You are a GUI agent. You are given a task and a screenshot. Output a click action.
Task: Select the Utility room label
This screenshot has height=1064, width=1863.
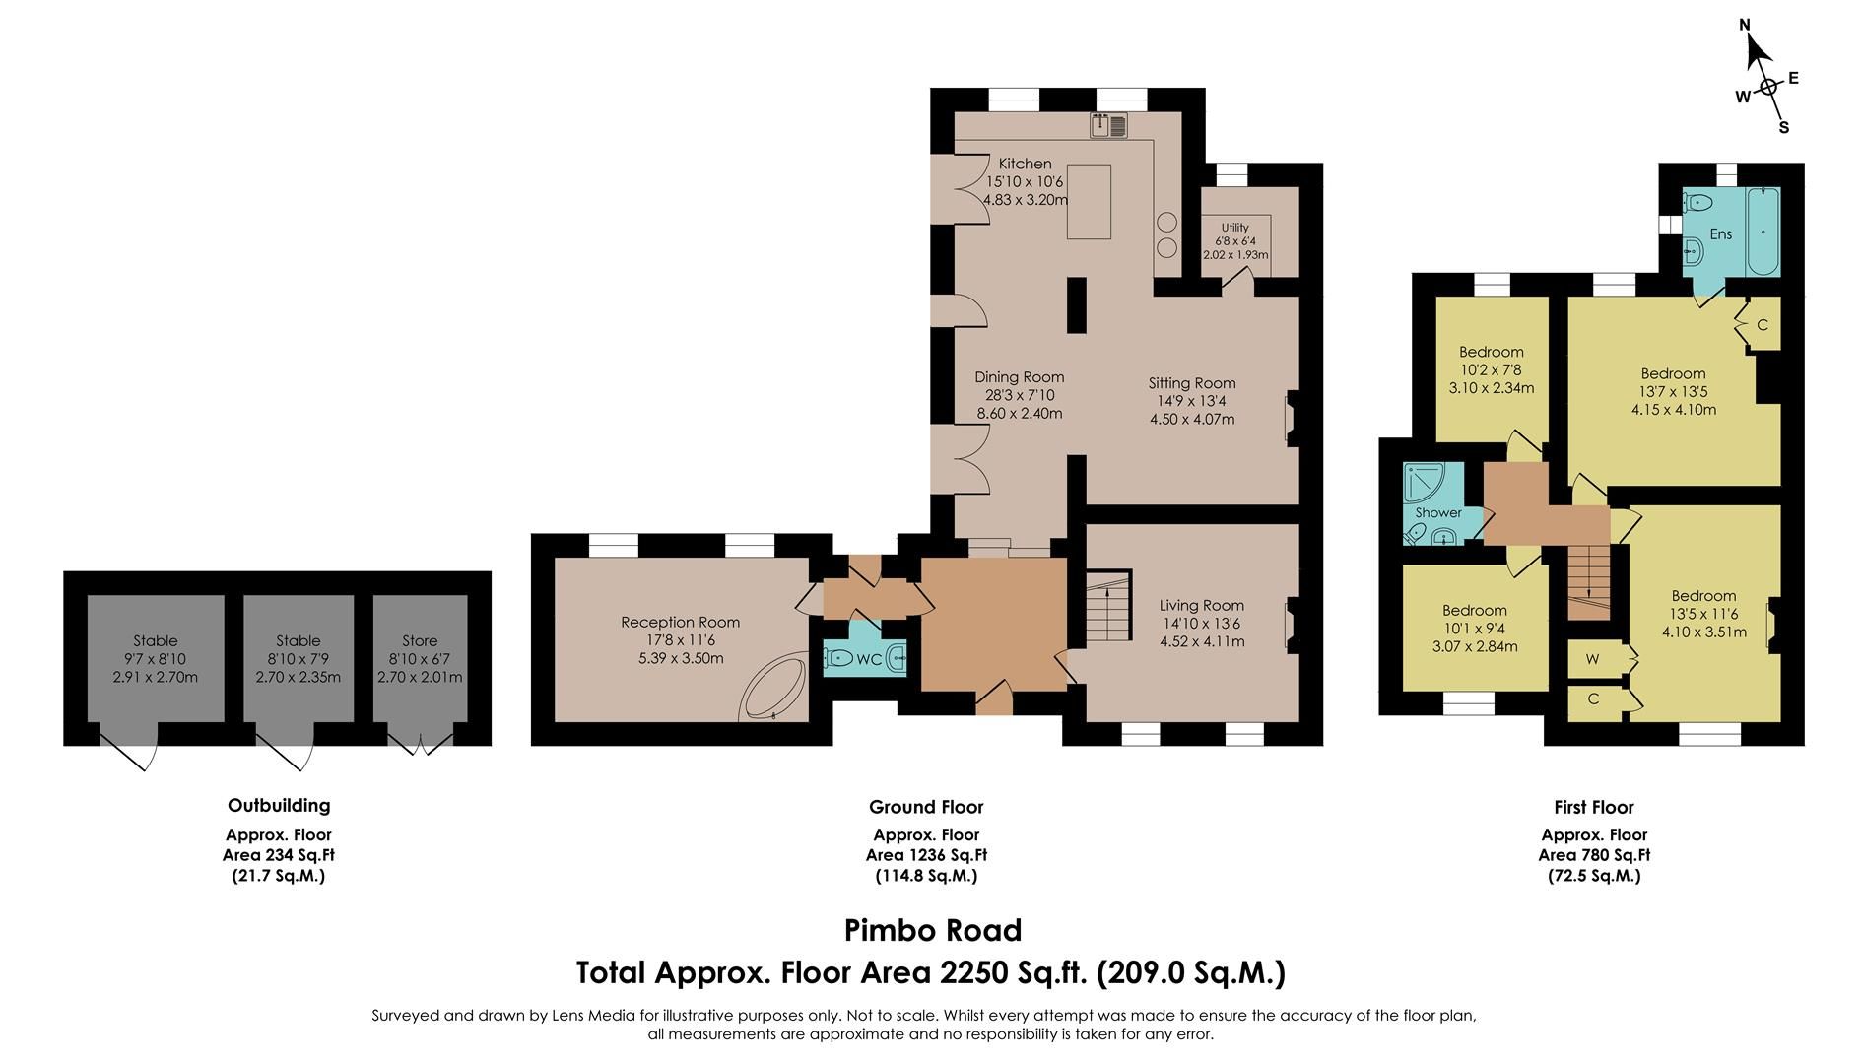click(1234, 228)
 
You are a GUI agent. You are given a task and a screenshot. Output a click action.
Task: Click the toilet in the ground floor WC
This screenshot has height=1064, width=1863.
click(839, 658)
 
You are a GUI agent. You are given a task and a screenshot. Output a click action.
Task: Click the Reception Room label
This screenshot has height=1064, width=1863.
click(680, 622)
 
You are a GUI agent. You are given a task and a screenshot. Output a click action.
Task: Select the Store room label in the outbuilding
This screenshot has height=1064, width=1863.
click(420, 640)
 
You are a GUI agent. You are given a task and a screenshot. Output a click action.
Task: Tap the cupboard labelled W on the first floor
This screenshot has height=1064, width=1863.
click(1592, 659)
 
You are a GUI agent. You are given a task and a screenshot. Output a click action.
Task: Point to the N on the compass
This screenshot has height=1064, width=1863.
click(1744, 26)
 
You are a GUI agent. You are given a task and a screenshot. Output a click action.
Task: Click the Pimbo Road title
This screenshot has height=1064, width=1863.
click(932, 930)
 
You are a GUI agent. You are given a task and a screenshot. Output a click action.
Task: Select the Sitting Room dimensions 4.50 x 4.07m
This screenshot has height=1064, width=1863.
click(1191, 419)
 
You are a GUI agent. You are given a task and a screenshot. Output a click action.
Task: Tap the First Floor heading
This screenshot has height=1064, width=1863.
click(1593, 807)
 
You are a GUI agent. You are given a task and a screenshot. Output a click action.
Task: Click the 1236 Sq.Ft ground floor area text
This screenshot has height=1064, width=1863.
click(926, 855)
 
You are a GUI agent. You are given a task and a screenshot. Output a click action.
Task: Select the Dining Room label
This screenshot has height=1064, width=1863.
click(1019, 376)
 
